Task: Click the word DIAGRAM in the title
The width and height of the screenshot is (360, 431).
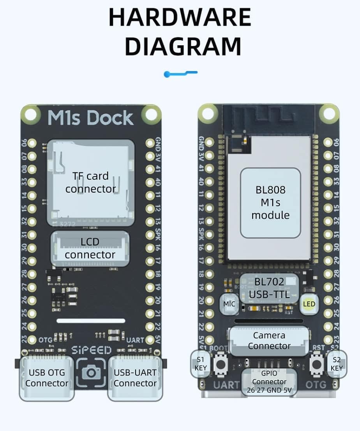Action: pos(182,46)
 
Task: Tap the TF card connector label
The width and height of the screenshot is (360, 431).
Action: pos(90,182)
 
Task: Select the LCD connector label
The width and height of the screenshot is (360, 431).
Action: pos(90,248)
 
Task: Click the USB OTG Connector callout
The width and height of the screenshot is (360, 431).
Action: pos(47,378)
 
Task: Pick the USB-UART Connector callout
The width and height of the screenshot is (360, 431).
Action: pos(135,378)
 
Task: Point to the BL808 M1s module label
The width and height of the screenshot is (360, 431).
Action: pos(270,202)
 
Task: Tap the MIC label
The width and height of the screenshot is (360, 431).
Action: pos(229,304)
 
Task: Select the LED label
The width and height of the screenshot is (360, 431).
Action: pos(309,304)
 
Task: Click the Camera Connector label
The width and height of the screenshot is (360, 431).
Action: pos(269,341)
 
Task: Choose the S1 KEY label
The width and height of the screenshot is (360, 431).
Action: pos(201,364)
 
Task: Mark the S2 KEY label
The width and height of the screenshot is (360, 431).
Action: pos(337,364)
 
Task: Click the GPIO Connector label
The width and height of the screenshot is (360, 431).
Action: pos(269,381)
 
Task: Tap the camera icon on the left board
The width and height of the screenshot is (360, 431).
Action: pos(91,373)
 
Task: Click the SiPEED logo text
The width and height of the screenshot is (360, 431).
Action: pos(91,350)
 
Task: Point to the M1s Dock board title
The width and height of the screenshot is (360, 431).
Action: pos(90,118)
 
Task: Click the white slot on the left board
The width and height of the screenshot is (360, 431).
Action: pos(91,321)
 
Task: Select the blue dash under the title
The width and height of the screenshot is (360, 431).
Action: pos(181,73)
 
